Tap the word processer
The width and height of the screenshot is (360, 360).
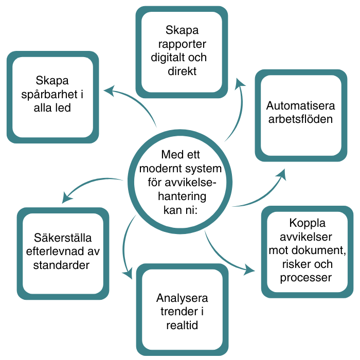(x=306, y=278)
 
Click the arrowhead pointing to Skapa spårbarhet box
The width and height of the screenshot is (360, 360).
(x=108, y=91)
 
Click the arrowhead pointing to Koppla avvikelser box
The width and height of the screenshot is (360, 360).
(x=251, y=269)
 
